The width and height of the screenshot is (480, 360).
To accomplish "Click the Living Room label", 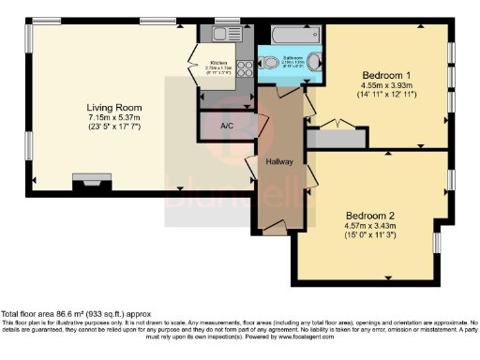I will click(113, 108).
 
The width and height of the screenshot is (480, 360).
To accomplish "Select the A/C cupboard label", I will click(226, 126).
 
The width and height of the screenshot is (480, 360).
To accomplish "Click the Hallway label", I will click(279, 161).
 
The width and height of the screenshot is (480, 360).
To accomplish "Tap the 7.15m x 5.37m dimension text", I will click(113, 120).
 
